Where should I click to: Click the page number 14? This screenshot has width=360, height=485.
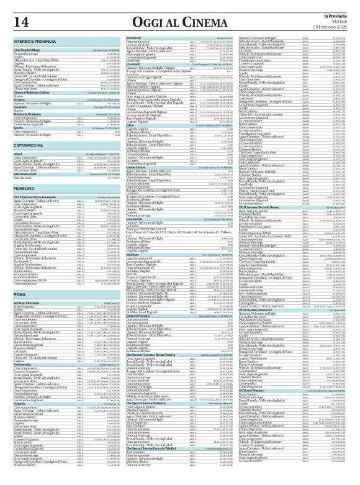20,22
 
